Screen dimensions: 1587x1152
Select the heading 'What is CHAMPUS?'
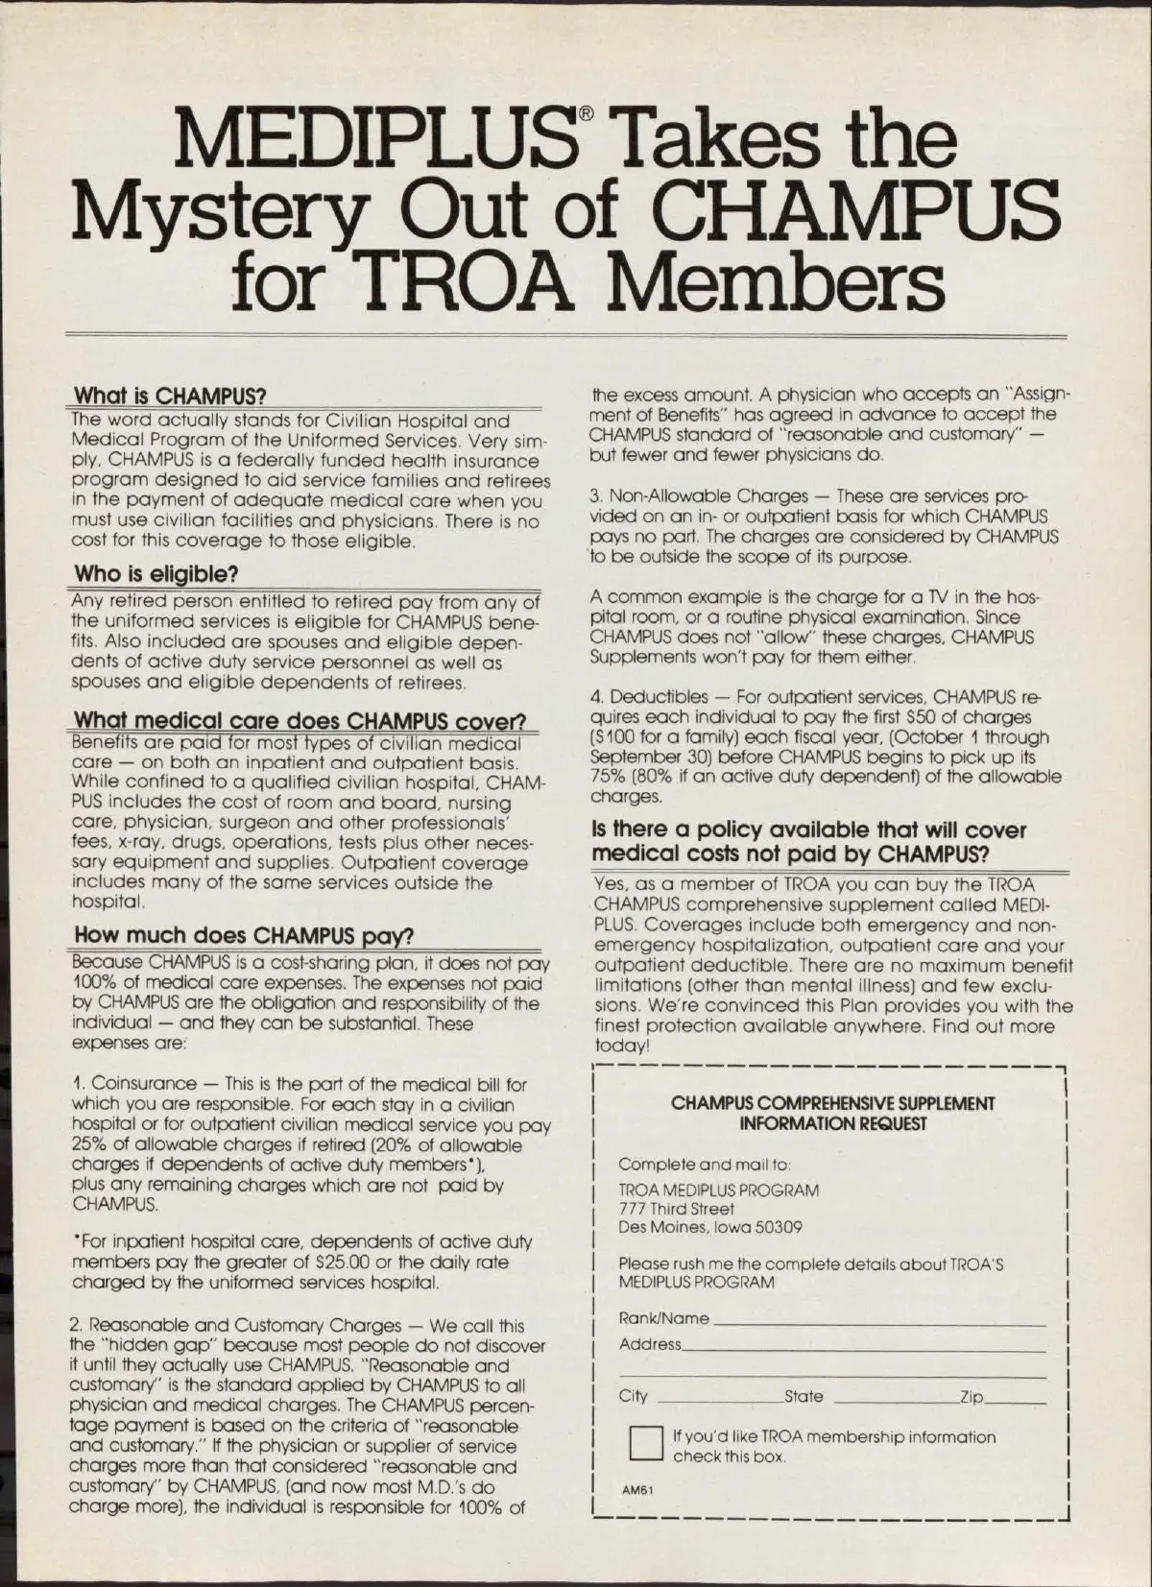point(169,397)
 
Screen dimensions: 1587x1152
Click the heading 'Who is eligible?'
point(156,574)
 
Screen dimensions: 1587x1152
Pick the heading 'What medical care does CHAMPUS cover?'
point(300,721)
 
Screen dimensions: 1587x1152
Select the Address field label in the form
point(650,1344)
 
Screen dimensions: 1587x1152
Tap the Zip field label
point(972,1397)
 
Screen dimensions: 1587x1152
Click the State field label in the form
point(804,1396)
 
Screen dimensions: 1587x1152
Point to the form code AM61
point(637,1491)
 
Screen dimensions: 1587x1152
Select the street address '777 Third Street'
point(676,1209)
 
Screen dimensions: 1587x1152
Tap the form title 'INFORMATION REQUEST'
point(833,1123)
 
